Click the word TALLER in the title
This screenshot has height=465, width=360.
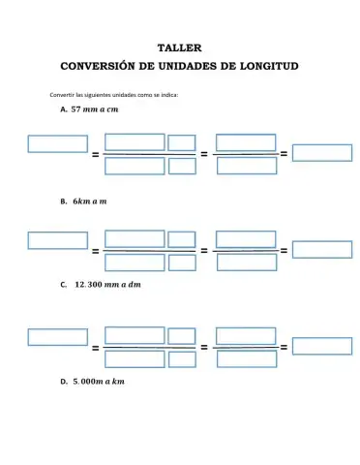(179, 46)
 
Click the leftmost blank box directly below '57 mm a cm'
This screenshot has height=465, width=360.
(57, 143)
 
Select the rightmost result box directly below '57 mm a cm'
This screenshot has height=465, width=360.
(321, 152)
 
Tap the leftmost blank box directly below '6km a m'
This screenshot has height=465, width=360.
(57, 240)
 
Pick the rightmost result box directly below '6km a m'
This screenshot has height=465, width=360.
(321, 249)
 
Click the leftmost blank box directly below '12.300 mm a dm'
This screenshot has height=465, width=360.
(57, 337)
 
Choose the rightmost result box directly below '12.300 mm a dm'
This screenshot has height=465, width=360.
(321, 346)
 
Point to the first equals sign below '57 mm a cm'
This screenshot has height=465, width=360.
(95, 155)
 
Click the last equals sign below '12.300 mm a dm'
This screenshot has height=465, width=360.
(284, 347)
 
